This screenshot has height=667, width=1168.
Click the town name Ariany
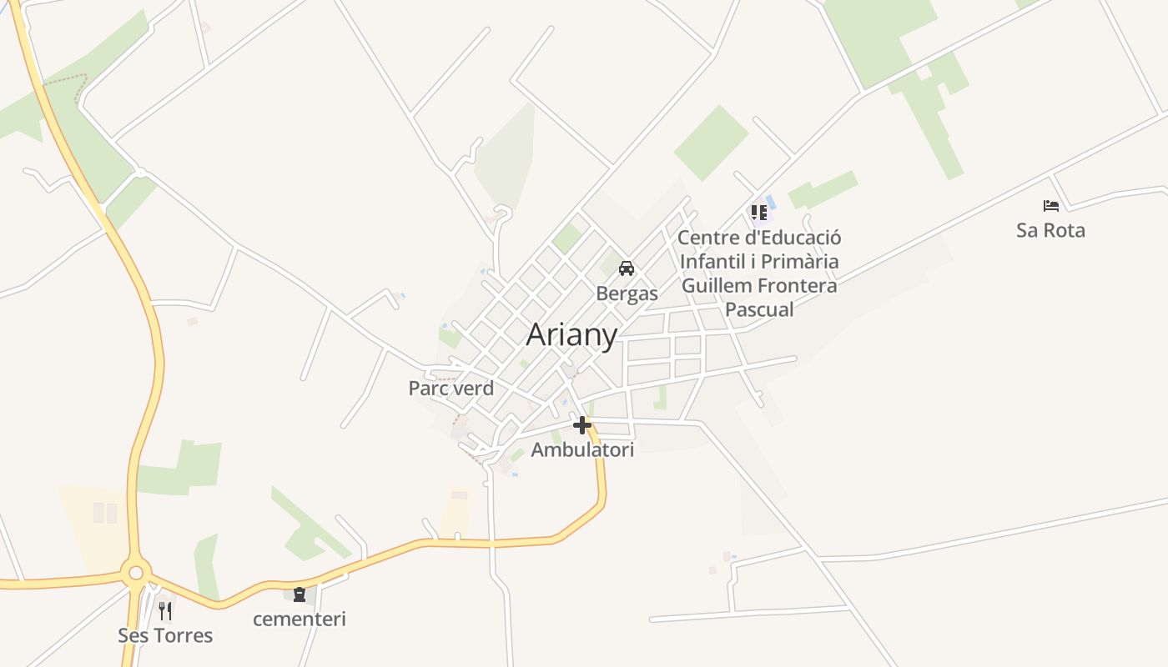click(x=571, y=335)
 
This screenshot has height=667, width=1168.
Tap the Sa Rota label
click(x=1050, y=230)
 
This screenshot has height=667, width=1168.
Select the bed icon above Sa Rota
click(x=1050, y=205)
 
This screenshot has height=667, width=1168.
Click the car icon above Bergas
click(x=627, y=268)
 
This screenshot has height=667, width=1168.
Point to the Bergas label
click(x=627, y=293)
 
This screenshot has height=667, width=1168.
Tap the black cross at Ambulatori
click(x=582, y=425)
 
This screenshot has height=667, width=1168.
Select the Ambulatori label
click(x=582, y=450)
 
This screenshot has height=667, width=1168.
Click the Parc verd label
click(x=451, y=389)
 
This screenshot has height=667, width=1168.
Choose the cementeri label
click(x=300, y=619)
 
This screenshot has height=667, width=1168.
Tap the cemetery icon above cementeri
click(x=300, y=594)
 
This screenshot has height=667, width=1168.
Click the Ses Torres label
click(x=165, y=635)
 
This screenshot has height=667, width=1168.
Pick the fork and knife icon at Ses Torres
click(x=165, y=611)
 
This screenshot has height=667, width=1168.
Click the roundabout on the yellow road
click(x=136, y=573)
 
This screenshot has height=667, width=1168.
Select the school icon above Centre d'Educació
click(x=758, y=213)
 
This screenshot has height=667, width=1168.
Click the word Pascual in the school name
click(x=759, y=309)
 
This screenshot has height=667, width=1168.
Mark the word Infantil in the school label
click(x=712, y=262)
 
